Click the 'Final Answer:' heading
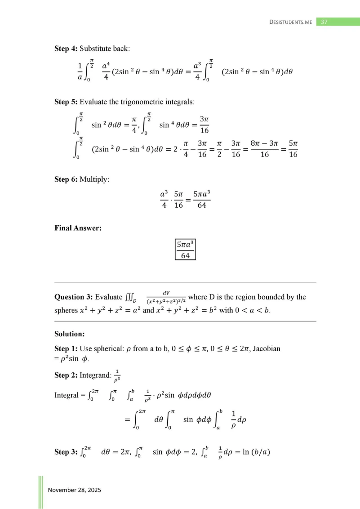pos(77,228)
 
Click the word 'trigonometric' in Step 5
pos(137,102)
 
